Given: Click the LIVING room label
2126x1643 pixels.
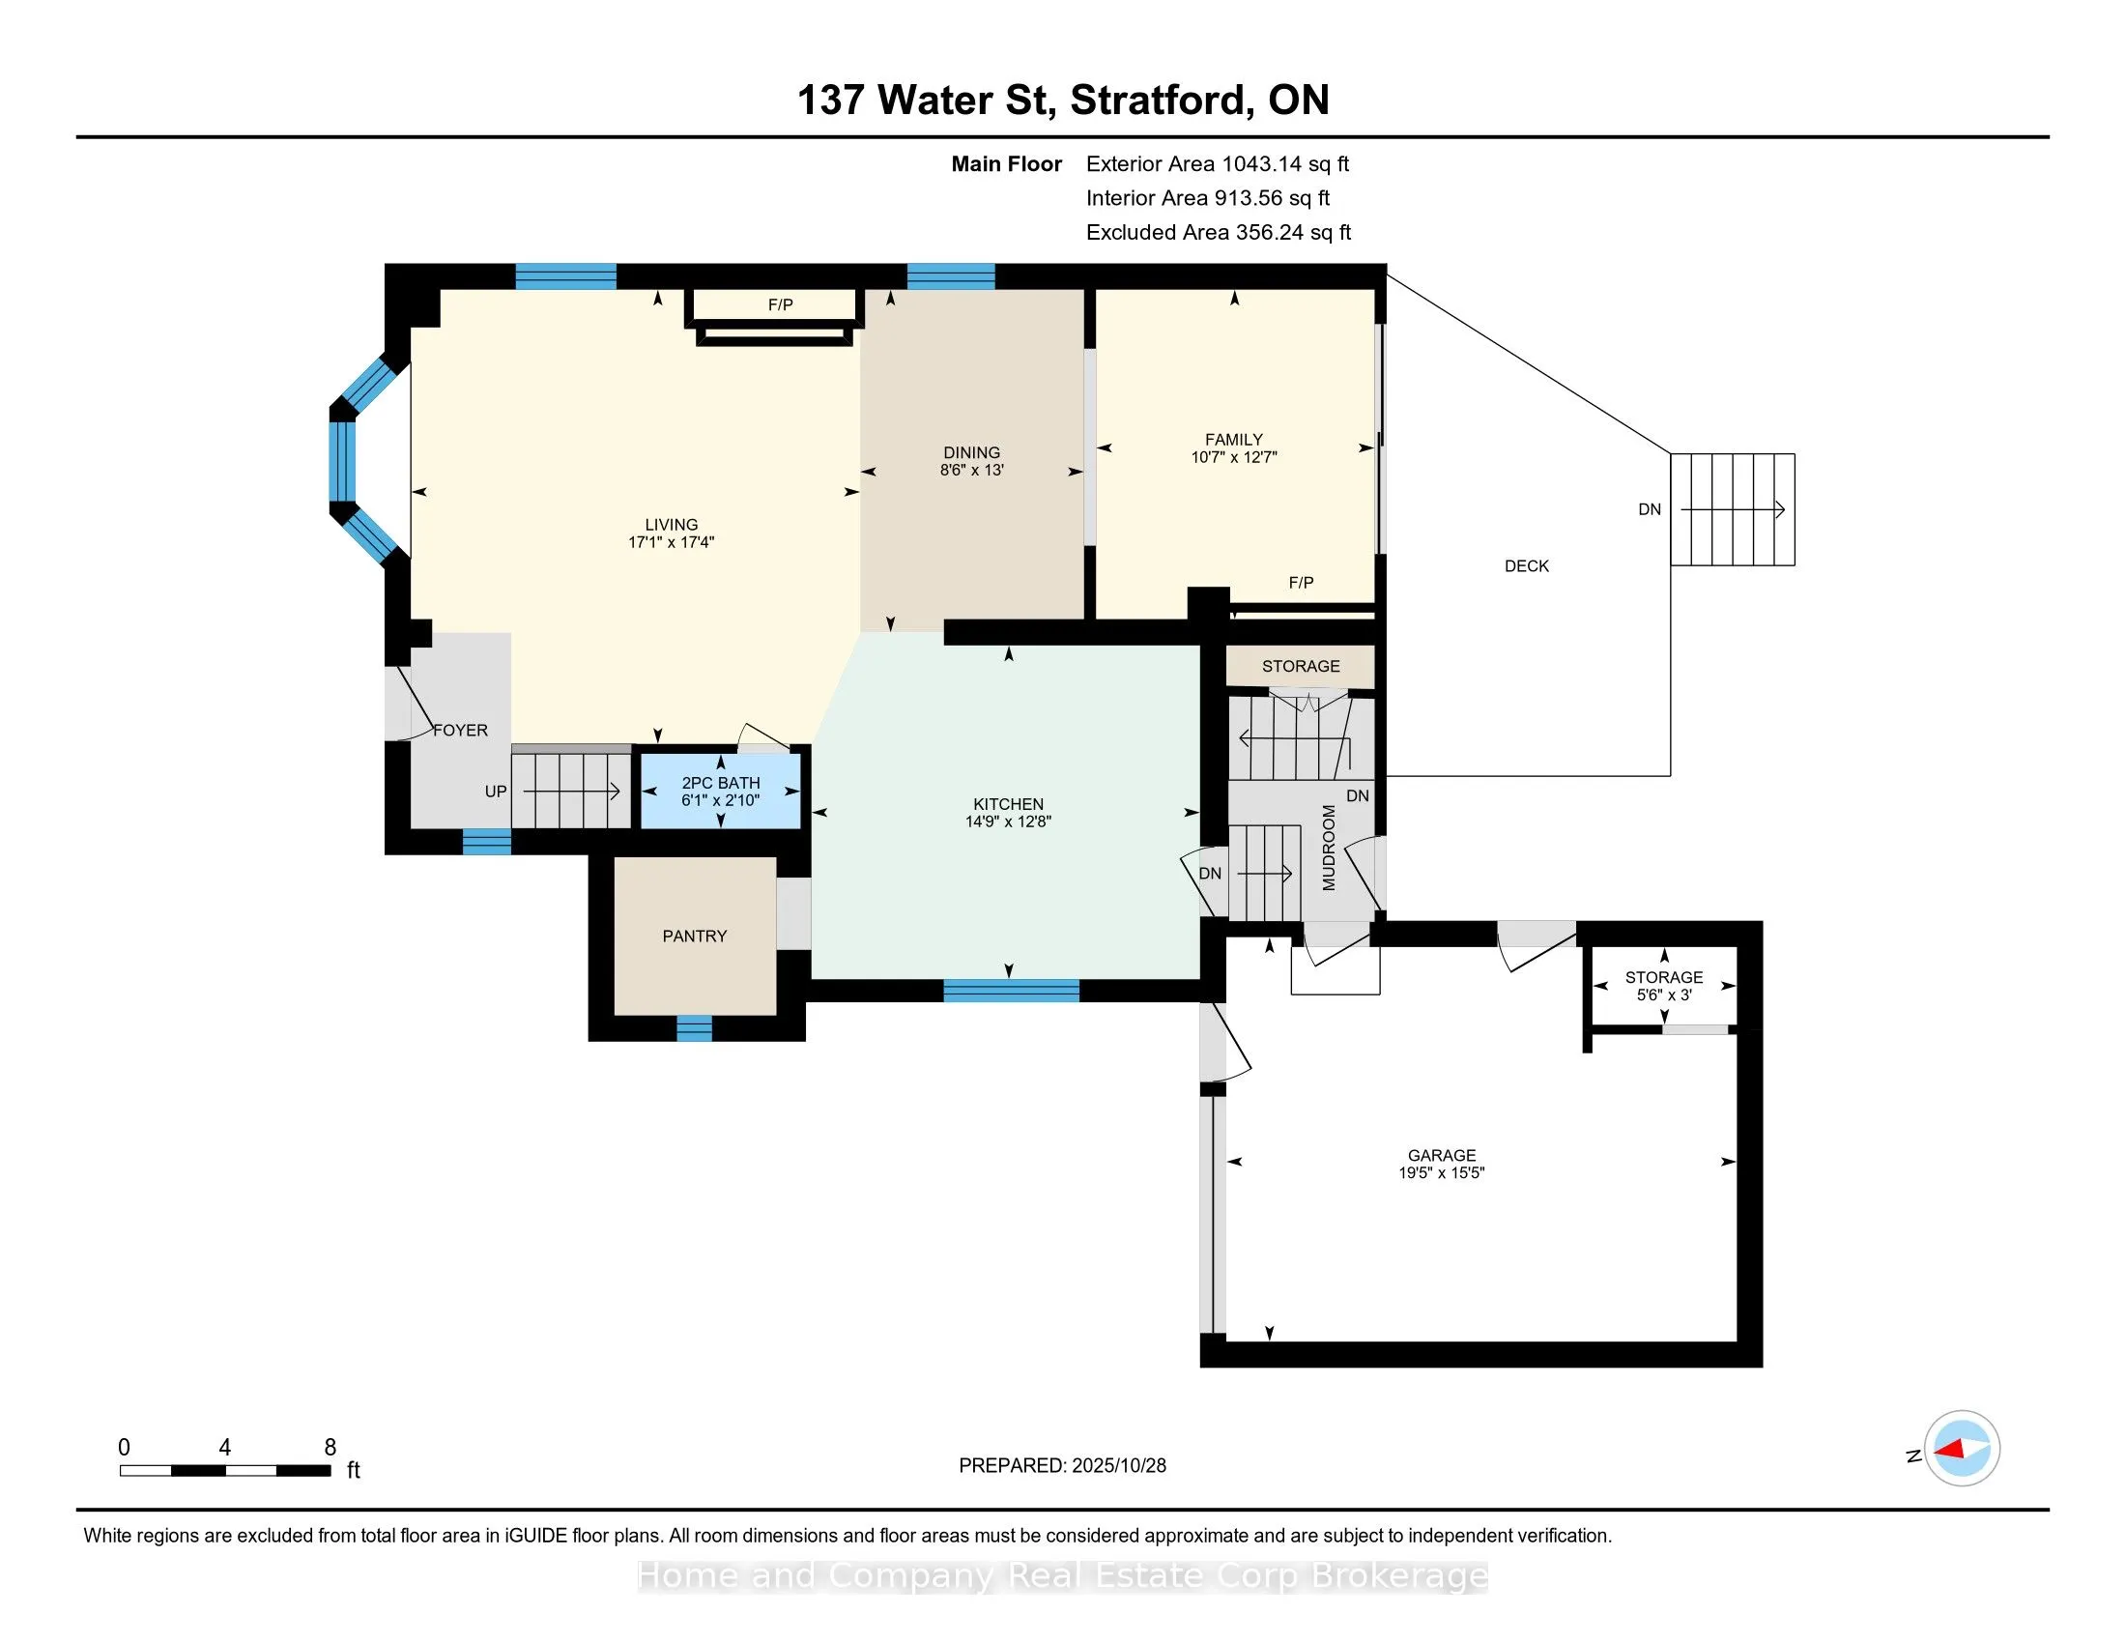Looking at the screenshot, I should [x=671, y=525].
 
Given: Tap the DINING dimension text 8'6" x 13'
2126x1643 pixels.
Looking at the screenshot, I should [x=971, y=470].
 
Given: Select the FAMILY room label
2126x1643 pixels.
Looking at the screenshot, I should [x=1233, y=440].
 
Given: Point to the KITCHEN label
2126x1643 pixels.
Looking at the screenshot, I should [x=1008, y=804].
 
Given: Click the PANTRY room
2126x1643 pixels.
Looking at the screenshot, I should [x=694, y=936].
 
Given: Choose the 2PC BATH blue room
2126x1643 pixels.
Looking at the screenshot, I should [x=720, y=792].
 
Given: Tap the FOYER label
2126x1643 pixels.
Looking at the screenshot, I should [x=460, y=730].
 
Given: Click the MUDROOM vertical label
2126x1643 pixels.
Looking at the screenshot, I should [x=1329, y=848].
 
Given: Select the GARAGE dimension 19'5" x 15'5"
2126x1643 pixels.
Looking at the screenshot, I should [x=1441, y=1173].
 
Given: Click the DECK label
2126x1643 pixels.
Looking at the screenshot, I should [x=1525, y=565].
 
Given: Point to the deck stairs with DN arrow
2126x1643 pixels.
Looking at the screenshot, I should [x=1733, y=509].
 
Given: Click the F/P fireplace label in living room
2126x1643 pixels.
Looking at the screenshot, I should [x=780, y=305].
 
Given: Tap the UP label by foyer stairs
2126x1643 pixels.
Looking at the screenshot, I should [x=496, y=792].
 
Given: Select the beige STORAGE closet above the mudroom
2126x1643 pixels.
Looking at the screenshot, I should [x=1301, y=666].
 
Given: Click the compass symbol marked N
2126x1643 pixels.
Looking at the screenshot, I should [x=1962, y=1449].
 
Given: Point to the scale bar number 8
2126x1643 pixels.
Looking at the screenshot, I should [x=330, y=1448].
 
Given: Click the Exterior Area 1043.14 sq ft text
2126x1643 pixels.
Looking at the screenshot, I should [x=1217, y=164].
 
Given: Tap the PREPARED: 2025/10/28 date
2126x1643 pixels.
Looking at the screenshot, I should [x=1062, y=1466].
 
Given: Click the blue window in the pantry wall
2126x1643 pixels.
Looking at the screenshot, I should [x=694, y=1028].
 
